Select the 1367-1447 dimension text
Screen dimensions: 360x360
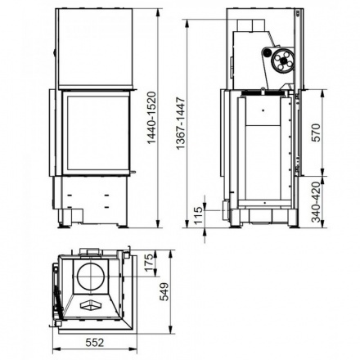click(191, 128)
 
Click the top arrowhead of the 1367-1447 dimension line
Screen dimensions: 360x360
click(190, 23)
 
